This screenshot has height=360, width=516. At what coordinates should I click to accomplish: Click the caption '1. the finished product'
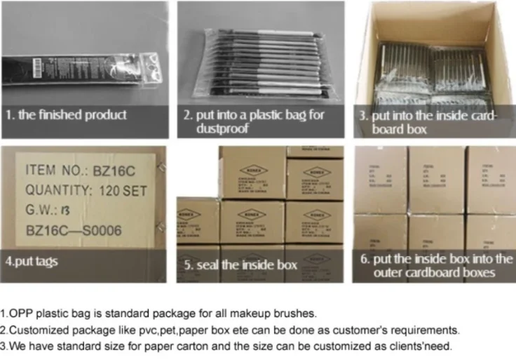[x=67, y=114]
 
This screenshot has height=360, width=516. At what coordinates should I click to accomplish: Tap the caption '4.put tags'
[x=32, y=261]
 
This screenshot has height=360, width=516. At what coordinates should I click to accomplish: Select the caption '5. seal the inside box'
[x=240, y=265]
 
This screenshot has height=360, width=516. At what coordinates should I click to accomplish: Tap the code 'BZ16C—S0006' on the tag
[x=74, y=228]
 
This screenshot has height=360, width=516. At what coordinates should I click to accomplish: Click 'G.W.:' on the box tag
[x=42, y=208]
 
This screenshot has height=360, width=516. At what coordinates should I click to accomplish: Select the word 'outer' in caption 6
[x=390, y=272]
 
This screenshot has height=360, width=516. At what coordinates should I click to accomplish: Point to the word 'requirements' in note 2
[x=428, y=330]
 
